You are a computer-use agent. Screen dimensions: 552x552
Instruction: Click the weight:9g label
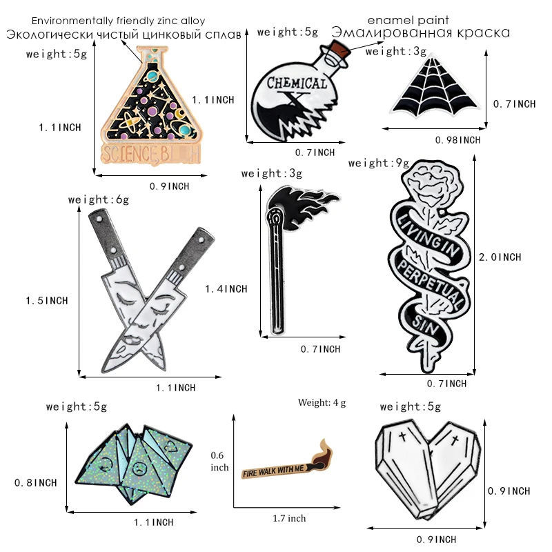(379, 164)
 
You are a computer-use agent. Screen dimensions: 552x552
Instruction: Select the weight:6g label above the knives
(99, 200)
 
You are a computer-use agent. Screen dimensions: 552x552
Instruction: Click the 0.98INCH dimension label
(457, 139)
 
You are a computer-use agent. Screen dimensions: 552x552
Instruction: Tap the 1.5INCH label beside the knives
(47, 301)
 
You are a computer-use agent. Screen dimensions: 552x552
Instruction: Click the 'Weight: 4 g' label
(322, 402)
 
